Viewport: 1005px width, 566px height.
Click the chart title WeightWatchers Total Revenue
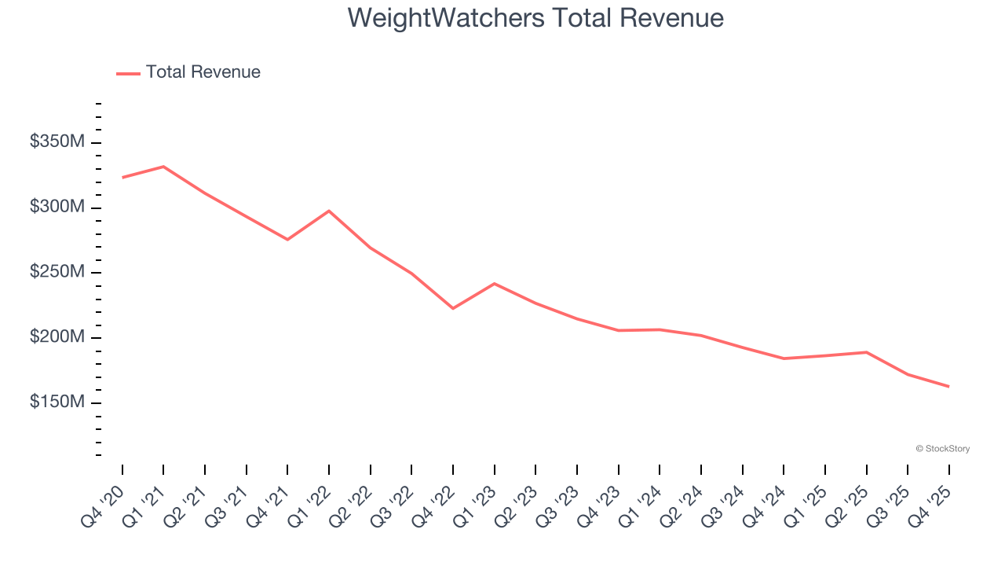[x=535, y=17]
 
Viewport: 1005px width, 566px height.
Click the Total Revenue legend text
[x=203, y=72]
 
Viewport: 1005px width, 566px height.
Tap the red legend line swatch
[x=128, y=73]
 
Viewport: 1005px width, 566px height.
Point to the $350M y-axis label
[x=57, y=142]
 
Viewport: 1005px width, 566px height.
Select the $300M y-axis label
[x=57, y=208]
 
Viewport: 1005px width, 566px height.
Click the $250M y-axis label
[x=57, y=272]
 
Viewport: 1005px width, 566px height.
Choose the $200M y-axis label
[x=57, y=337]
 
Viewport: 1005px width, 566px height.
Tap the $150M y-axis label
[x=57, y=402]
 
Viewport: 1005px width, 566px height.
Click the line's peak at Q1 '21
[x=163, y=167]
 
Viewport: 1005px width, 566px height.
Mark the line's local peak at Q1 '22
[x=329, y=211]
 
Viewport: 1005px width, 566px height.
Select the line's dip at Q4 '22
[x=453, y=308]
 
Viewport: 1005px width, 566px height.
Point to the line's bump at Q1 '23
[x=494, y=283]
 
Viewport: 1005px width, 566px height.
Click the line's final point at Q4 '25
[x=948, y=386]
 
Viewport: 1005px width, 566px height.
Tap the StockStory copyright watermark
[x=942, y=449]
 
